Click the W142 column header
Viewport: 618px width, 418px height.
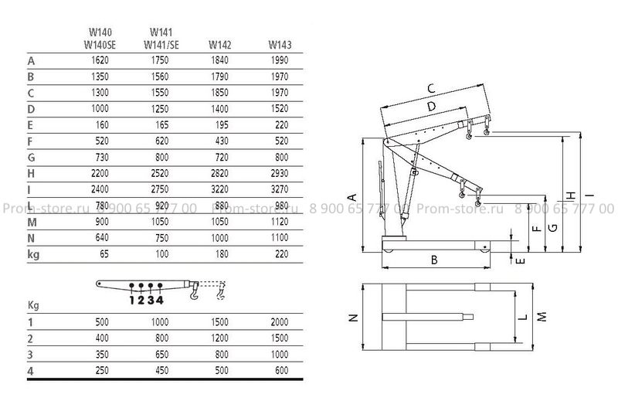click(220, 45)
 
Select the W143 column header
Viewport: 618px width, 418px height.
click(280, 45)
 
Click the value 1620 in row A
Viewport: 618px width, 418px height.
click(100, 60)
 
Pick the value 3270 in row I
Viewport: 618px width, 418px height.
click(280, 189)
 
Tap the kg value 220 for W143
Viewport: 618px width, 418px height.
click(282, 254)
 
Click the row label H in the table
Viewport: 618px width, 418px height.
click(31, 174)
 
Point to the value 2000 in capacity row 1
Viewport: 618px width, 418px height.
click(280, 322)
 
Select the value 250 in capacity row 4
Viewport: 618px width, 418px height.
click(102, 370)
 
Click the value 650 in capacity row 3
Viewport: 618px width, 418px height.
click(162, 354)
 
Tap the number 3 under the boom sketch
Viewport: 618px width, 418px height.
click(150, 301)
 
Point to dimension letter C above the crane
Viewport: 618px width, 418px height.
click(431, 88)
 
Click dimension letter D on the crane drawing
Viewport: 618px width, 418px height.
click(432, 106)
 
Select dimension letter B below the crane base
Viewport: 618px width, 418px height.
click(434, 260)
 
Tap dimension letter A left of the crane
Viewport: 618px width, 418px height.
click(353, 197)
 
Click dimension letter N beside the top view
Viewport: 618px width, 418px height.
click(354, 317)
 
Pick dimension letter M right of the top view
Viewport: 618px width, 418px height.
click(542, 317)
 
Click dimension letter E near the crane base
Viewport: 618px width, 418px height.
click(520, 260)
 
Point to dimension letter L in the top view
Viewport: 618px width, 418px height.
click(524, 317)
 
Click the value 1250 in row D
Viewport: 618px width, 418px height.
click(160, 109)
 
